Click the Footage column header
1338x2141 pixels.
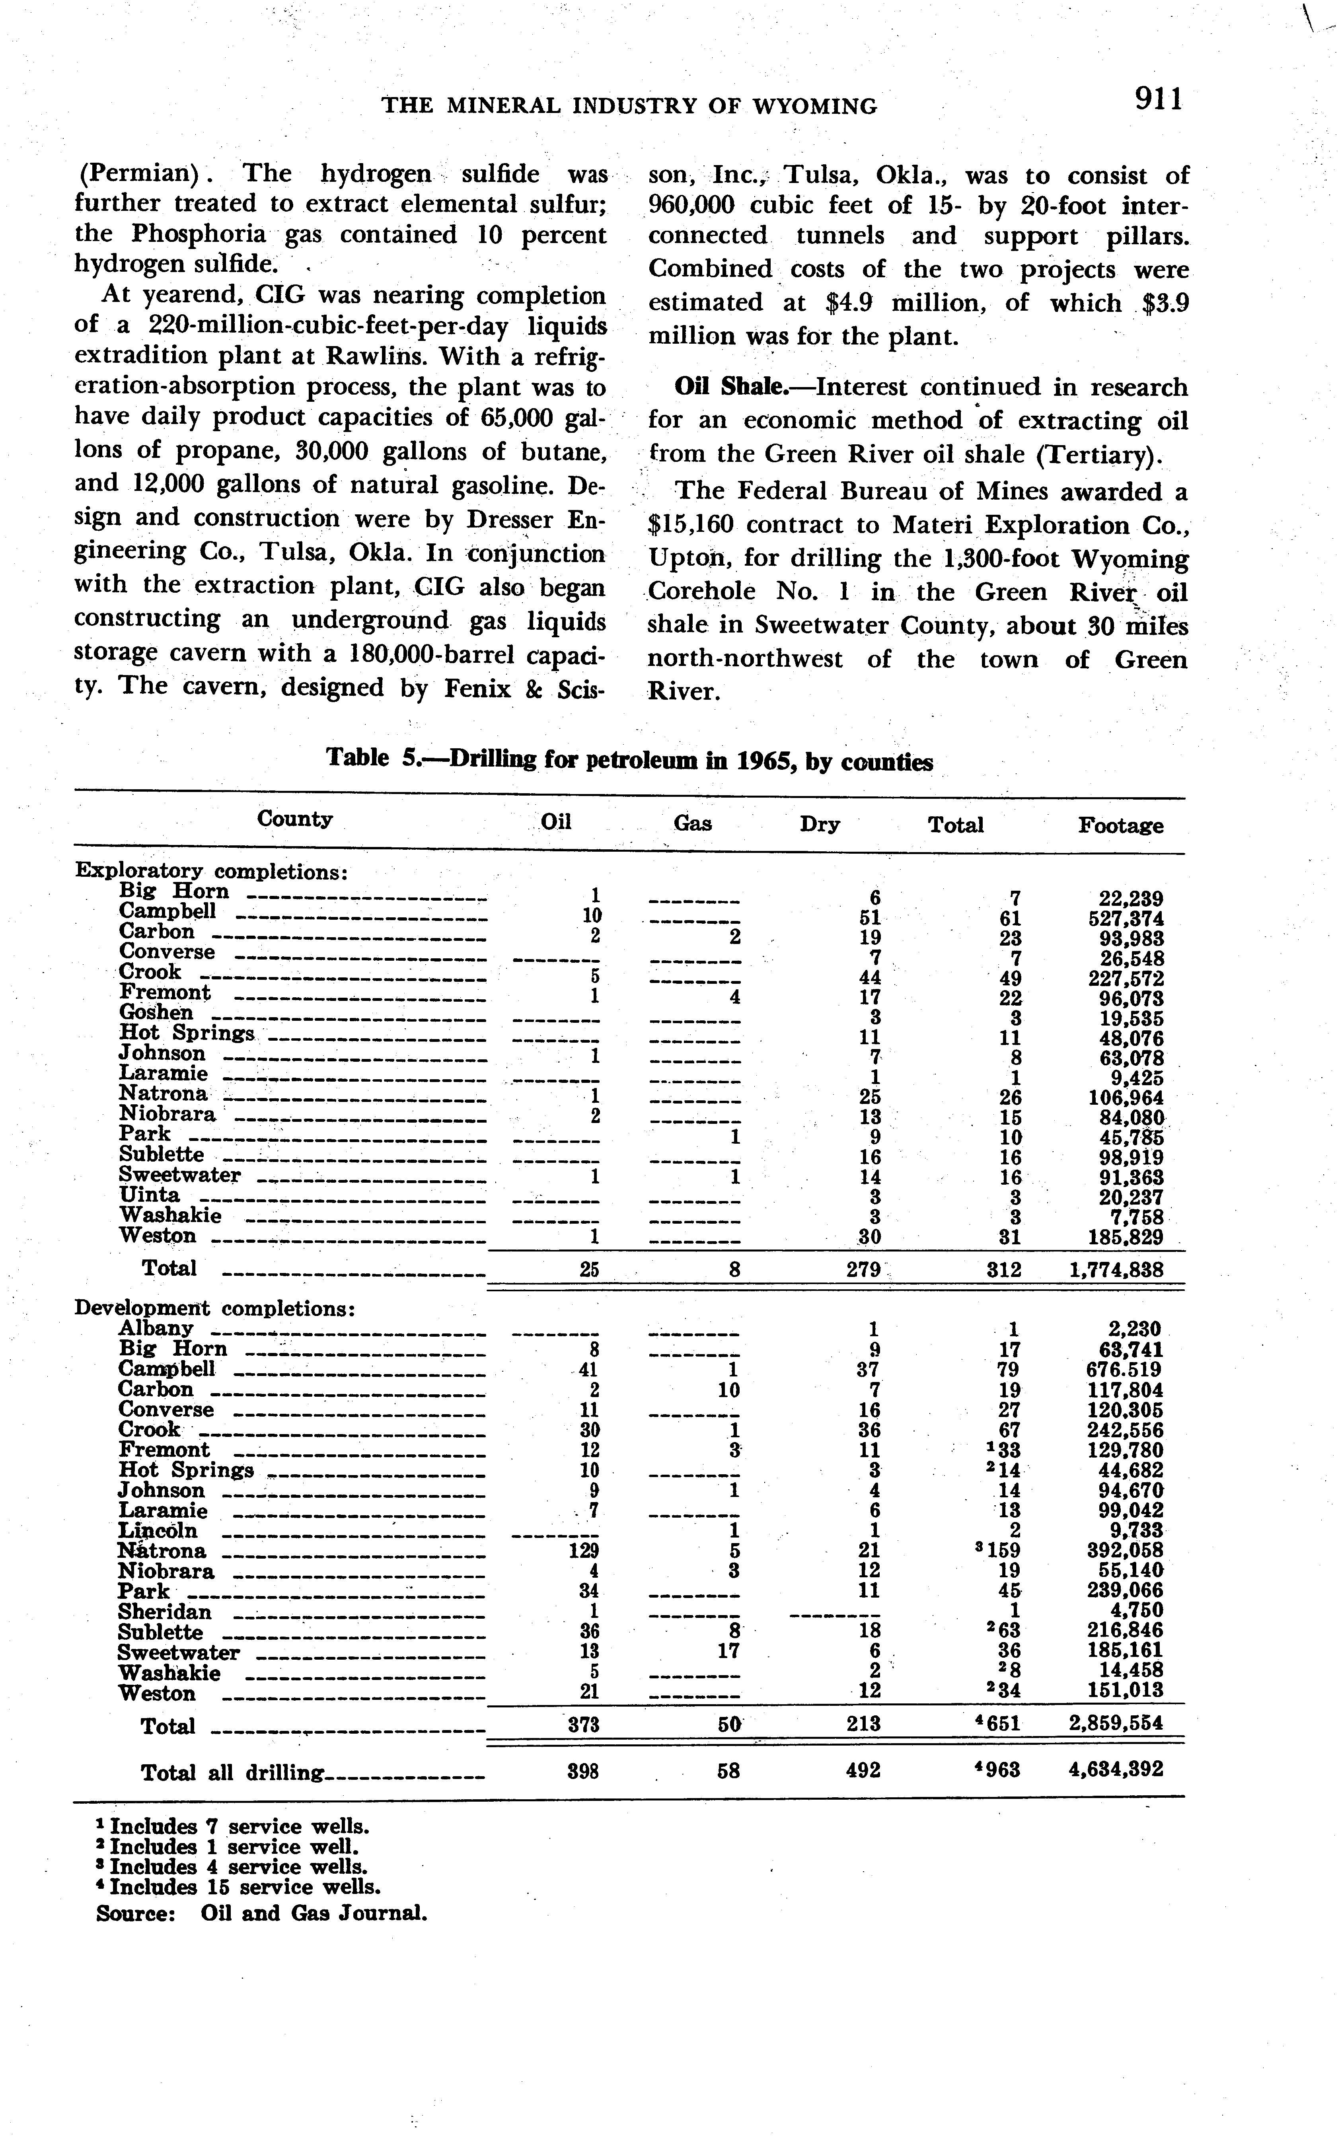(x=1120, y=825)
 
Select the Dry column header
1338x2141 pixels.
(x=820, y=825)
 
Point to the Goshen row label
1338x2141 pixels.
(x=156, y=1013)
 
